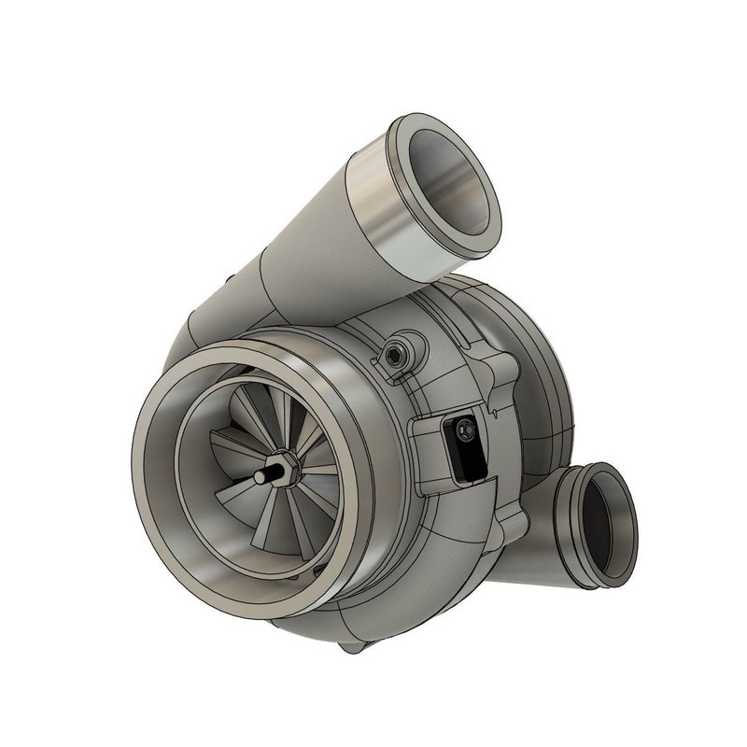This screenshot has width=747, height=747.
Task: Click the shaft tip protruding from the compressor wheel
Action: pos(260,476)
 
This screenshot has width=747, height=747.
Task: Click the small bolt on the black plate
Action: pos(464,431)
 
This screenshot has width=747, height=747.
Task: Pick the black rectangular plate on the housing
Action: pos(463,453)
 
